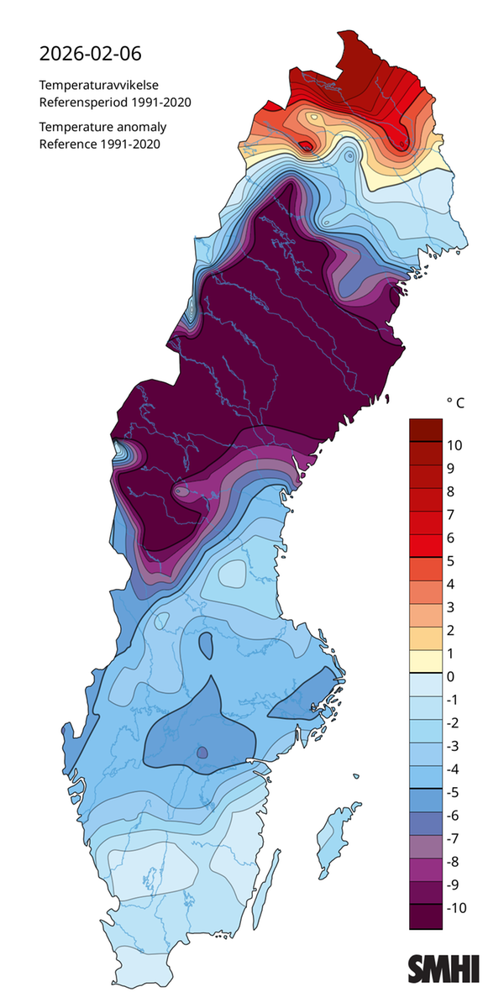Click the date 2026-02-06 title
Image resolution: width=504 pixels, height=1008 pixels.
click(91, 55)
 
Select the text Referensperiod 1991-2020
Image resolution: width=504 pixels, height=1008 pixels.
click(116, 102)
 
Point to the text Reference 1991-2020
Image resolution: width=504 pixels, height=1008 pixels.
click(100, 144)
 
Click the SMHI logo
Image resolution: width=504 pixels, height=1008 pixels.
click(444, 969)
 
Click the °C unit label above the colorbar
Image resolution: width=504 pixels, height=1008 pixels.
click(454, 404)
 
